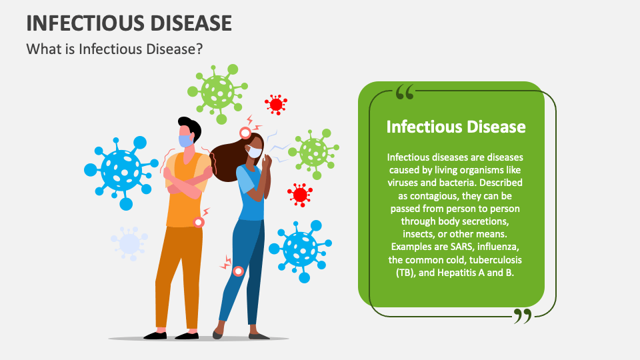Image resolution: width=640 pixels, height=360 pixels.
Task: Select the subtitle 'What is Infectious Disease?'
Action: pyautogui.click(x=114, y=49)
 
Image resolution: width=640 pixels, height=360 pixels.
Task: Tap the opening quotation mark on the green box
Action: pyautogui.click(x=405, y=92)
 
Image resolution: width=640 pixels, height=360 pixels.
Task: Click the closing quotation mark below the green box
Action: pyautogui.click(x=523, y=315)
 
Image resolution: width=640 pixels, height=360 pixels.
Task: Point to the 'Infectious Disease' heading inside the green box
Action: pyautogui.click(x=456, y=127)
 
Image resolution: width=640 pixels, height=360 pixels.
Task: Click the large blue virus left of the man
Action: pyautogui.click(x=121, y=169)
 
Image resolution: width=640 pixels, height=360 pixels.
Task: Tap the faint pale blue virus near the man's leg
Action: pyautogui.click(x=129, y=243)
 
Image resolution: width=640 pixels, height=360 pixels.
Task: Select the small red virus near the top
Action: pyautogui.click(x=275, y=104)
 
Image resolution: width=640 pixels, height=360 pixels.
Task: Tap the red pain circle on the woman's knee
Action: pyautogui.click(x=238, y=271)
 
